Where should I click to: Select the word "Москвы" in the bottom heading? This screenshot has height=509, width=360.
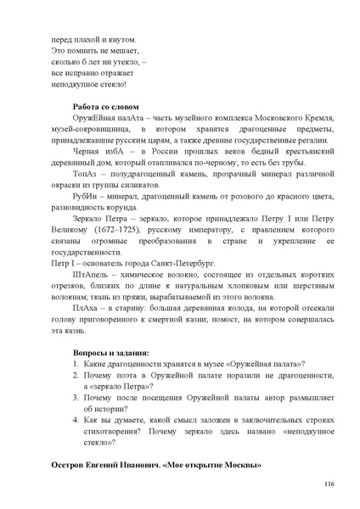(241, 466)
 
